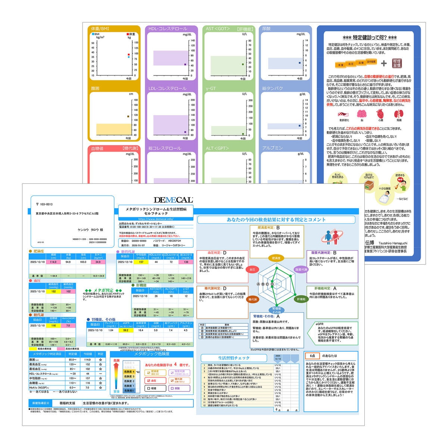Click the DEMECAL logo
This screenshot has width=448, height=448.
[173, 200]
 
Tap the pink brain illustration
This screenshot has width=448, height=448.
[362, 114]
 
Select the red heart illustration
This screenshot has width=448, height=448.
[380, 114]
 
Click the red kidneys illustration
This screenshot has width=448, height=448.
[399, 114]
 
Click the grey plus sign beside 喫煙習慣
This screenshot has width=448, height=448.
[384, 63]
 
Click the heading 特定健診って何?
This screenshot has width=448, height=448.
[370, 38]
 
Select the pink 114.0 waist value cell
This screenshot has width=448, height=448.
[53, 262]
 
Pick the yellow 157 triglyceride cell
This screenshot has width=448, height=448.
[141, 262]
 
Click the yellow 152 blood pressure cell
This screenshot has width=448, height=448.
[53, 292]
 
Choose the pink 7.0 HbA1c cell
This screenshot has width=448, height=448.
[68, 326]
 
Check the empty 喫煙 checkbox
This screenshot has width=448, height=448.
[149, 388]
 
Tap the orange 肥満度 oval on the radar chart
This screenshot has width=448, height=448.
[276, 258]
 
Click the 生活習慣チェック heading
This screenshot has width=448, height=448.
[234, 358]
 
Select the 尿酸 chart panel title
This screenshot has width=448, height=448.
[267, 28]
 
